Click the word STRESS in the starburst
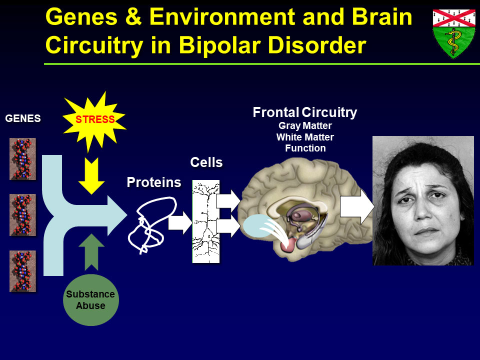click(x=95, y=119)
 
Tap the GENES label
click(x=23, y=118)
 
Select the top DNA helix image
click(x=22, y=159)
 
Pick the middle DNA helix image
click(x=22, y=215)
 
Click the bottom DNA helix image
click(x=22, y=271)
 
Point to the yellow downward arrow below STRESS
click(x=91, y=175)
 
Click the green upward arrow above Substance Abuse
click(x=91, y=252)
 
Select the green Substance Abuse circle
click(x=90, y=300)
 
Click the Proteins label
click(x=154, y=182)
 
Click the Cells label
click(x=206, y=162)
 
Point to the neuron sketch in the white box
click(x=206, y=221)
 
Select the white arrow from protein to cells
click(x=180, y=222)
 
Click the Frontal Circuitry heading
click(x=305, y=112)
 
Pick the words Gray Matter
click(x=305, y=126)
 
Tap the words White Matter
click(x=305, y=137)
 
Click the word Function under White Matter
click(x=305, y=148)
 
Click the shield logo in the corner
click(x=454, y=33)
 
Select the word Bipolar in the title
click(x=219, y=45)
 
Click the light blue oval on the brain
click(x=258, y=225)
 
